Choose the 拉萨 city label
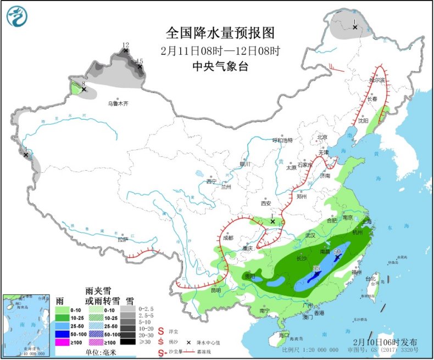tap(122, 239)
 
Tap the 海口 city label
tap(283, 335)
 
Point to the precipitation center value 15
tap(140, 61)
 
